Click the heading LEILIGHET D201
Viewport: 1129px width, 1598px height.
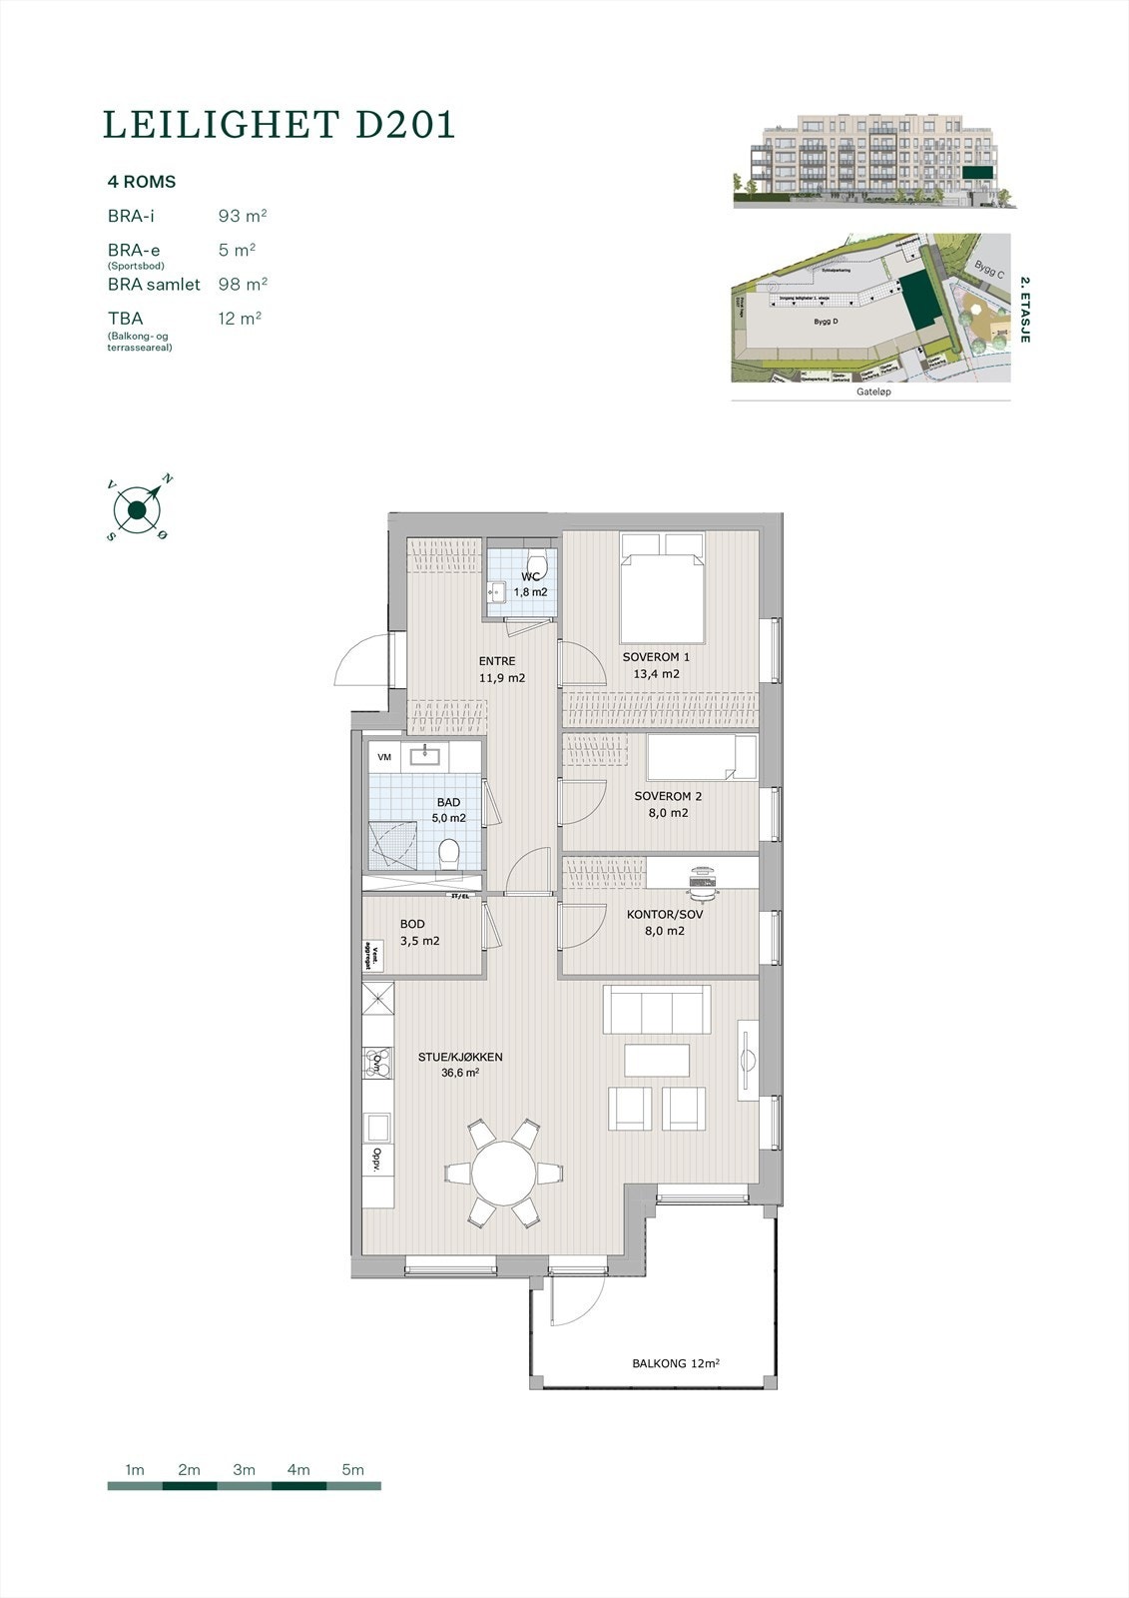(280, 124)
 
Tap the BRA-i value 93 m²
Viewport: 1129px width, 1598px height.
(243, 216)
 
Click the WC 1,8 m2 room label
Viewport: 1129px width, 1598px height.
(531, 584)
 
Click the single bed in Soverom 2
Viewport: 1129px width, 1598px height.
(702, 758)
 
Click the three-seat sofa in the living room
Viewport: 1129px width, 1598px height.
(657, 1012)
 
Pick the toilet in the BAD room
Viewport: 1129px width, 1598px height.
(449, 852)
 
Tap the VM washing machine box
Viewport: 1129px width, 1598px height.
(383, 758)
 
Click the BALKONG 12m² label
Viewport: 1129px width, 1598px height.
(676, 1363)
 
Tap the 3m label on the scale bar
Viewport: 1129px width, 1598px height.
(244, 1469)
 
